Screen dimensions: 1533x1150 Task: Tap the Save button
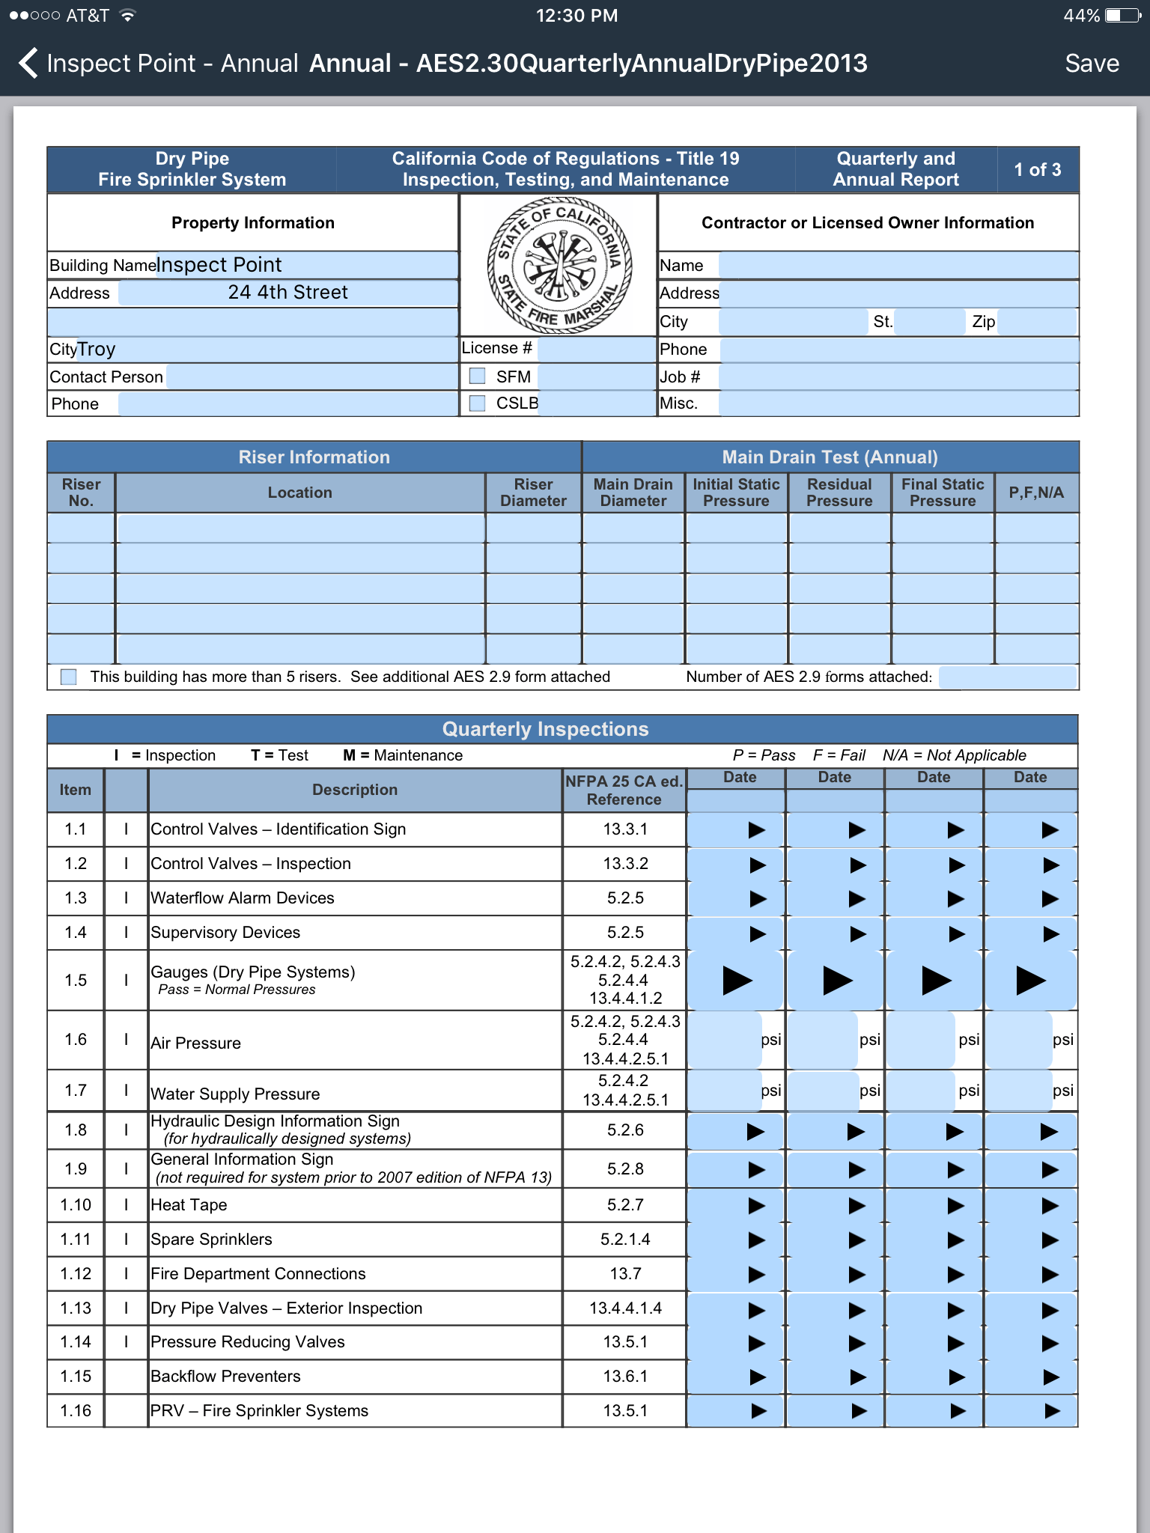(1091, 64)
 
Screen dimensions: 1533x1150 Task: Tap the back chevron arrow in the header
(28, 64)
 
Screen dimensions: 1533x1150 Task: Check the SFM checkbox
(477, 376)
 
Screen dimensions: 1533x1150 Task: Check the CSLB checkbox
(477, 403)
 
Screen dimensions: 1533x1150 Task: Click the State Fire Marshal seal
(559, 265)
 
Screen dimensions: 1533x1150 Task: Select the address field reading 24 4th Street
(288, 293)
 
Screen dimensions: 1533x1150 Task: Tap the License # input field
(596, 349)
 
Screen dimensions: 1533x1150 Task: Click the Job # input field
(898, 377)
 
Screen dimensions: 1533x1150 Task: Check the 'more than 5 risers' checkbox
(69, 677)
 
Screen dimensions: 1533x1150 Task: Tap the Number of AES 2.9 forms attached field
(1007, 677)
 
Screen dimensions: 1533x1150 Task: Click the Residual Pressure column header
(839, 493)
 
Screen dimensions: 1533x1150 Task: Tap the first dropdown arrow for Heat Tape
(756, 1205)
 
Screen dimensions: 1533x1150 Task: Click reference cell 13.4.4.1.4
(625, 1308)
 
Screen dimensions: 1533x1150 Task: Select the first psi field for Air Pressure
(723, 1040)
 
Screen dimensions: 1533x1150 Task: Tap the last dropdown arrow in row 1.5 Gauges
(1030, 981)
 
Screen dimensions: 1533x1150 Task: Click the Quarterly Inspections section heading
(545, 729)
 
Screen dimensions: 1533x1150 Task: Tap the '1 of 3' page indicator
(1037, 170)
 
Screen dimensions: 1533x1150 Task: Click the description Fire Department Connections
(258, 1273)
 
